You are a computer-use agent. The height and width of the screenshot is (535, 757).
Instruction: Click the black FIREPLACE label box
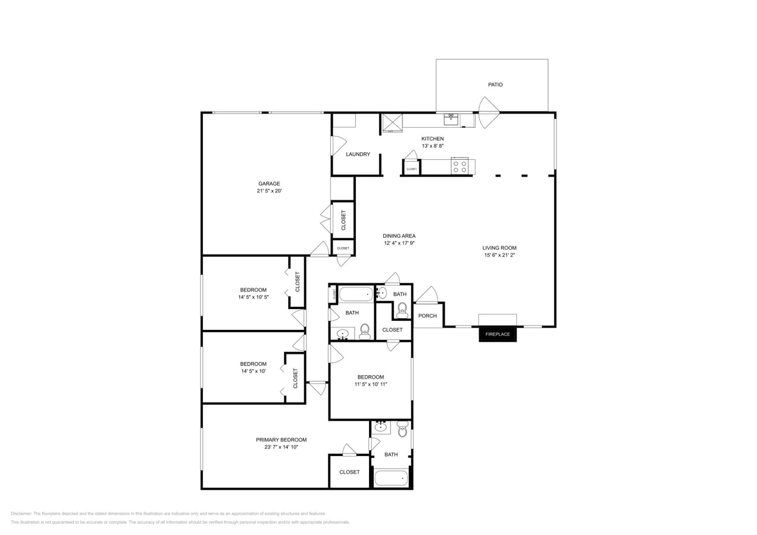498,335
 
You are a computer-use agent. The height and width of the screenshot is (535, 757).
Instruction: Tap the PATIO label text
495,85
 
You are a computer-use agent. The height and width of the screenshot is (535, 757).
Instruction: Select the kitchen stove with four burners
459,166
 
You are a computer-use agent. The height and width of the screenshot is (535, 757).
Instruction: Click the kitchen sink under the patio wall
451,120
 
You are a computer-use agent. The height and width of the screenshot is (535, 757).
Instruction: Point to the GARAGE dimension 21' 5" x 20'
269,191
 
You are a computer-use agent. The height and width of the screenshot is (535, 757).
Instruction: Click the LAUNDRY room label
358,155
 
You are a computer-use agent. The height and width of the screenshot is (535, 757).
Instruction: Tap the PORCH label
427,316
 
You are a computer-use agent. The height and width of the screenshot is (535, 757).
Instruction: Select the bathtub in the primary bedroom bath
391,477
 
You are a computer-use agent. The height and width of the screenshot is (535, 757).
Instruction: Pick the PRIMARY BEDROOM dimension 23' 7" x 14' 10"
281,447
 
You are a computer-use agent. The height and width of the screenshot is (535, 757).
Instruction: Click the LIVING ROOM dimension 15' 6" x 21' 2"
499,256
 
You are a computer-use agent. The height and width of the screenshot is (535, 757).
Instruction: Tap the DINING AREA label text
399,236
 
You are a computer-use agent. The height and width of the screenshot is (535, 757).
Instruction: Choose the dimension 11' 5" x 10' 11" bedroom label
371,385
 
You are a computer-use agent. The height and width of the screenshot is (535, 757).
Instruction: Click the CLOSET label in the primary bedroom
349,473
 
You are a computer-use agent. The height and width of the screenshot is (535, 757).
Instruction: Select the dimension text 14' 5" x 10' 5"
254,297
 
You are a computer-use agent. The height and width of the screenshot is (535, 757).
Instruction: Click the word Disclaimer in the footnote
21,514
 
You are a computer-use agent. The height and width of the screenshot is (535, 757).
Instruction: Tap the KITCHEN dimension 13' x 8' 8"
433,146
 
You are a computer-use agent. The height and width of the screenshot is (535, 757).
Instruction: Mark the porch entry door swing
427,295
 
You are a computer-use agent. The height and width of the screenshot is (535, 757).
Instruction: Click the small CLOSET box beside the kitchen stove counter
411,169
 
